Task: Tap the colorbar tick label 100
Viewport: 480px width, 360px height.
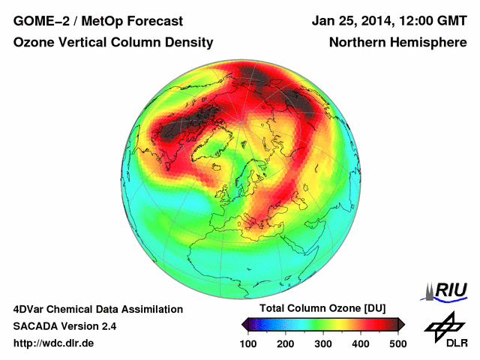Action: point(248,343)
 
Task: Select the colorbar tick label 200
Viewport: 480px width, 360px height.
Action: point(285,343)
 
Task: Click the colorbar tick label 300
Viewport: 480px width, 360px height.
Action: point(322,343)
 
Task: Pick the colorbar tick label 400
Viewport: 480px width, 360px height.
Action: point(360,343)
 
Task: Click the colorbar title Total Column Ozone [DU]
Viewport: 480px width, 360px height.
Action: point(322,309)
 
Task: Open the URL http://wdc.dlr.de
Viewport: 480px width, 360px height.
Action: point(54,343)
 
